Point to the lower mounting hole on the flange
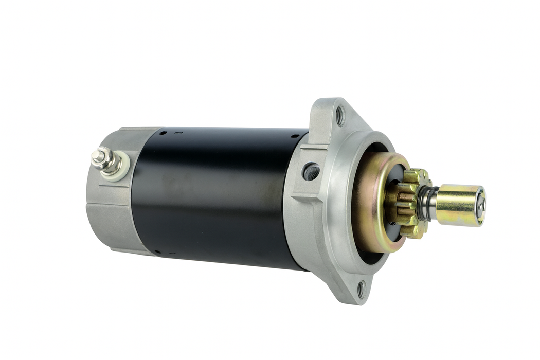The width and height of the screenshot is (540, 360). tap(361, 289)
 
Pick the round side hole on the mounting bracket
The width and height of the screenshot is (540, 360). tap(311, 171)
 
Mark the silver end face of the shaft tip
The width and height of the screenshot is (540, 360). tap(480, 206)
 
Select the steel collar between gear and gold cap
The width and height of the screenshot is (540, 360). tap(427, 203)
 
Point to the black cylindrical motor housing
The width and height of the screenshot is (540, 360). tap(216, 195)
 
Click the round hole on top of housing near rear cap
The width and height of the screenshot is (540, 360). tap(163, 133)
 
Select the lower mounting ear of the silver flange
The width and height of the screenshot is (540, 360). tap(355, 288)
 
